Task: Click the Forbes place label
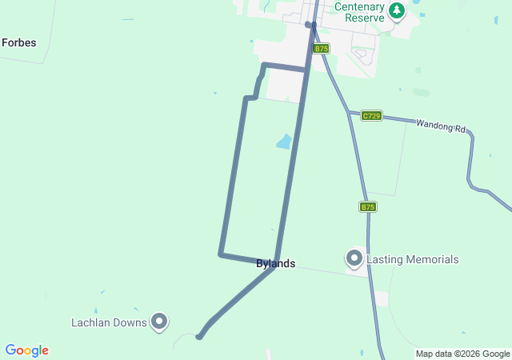(x=19, y=42)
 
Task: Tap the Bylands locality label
(x=276, y=264)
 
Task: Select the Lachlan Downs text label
(x=108, y=322)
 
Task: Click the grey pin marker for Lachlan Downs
(x=159, y=322)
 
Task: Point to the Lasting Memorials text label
(x=413, y=259)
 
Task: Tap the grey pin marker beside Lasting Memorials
(x=354, y=258)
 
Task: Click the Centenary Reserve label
(x=359, y=11)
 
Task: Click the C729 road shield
(x=371, y=116)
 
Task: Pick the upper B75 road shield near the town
(x=321, y=49)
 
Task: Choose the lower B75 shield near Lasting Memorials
(x=367, y=206)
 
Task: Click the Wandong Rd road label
(x=441, y=126)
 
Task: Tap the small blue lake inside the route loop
(x=284, y=142)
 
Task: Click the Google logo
(x=26, y=350)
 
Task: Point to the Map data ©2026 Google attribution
(x=462, y=354)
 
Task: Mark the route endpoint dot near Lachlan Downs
(x=199, y=337)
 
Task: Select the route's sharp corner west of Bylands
(x=221, y=254)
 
